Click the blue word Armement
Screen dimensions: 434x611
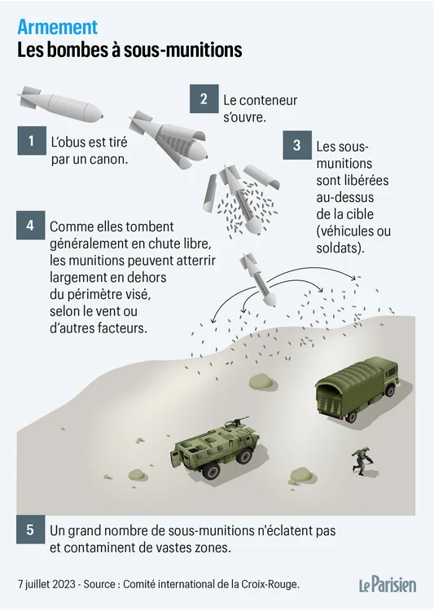pyautogui.click(x=57, y=27)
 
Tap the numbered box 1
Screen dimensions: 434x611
pyautogui.click(x=32, y=141)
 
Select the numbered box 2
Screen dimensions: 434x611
pyautogui.click(x=204, y=99)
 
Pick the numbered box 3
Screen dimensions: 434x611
pyautogui.click(x=297, y=145)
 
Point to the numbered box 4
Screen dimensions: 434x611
pyautogui.click(x=30, y=225)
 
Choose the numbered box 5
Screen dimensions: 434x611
pyautogui.click(x=30, y=530)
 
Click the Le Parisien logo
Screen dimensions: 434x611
pyautogui.click(x=388, y=584)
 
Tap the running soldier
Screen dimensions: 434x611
pyautogui.click(x=362, y=461)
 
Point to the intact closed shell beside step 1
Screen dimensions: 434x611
pyautogui.click(x=60, y=105)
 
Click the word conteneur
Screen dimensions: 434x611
pyautogui.click(x=268, y=100)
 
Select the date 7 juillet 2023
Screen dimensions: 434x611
pyautogui.click(x=46, y=584)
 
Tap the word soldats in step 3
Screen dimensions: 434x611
pyautogui.click(x=340, y=248)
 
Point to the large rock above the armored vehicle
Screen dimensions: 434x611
pyautogui.click(x=261, y=380)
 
